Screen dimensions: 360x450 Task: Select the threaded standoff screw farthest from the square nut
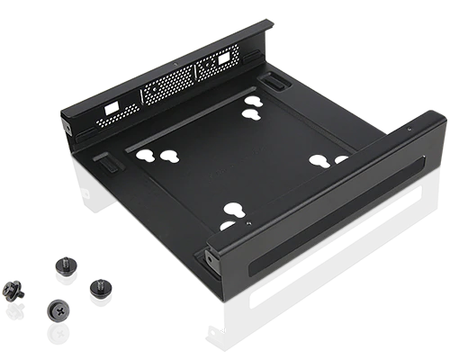(96, 291)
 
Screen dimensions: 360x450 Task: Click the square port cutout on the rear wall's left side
(112, 106)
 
